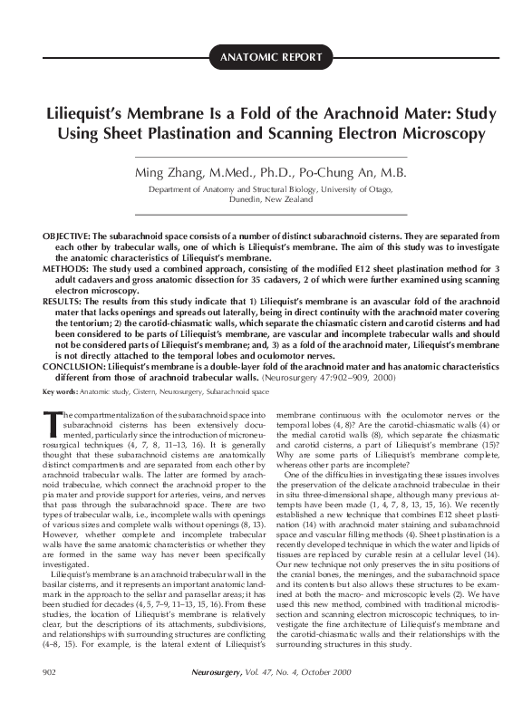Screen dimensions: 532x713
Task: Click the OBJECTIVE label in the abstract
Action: click(x=63, y=234)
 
